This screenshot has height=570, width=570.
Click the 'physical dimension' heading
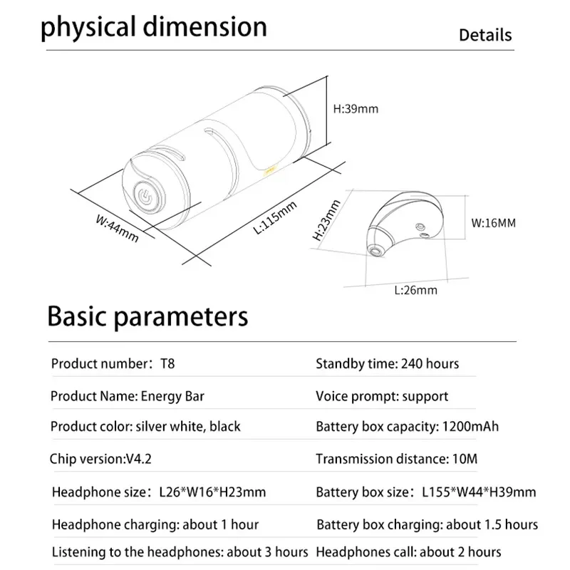pyautogui.click(x=153, y=27)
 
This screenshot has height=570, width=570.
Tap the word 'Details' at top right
pyautogui.click(x=484, y=35)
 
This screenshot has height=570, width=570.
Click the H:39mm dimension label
pyautogui.click(x=356, y=109)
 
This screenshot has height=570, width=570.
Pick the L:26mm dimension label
pyautogui.click(x=415, y=290)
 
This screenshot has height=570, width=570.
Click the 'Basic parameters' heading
pyautogui.click(x=147, y=316)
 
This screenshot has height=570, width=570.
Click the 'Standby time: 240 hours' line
pyautogui.click(x=388, y=364)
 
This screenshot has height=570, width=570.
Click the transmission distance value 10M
pyautogui.click(x=465, y=458)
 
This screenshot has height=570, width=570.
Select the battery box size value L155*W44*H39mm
pyautogui.click(x=479, y=492)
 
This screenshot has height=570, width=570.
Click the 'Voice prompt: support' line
pyautogui.click(x=382, y=395)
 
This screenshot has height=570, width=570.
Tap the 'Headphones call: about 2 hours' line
pyautogui.click(x=408, y=551)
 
